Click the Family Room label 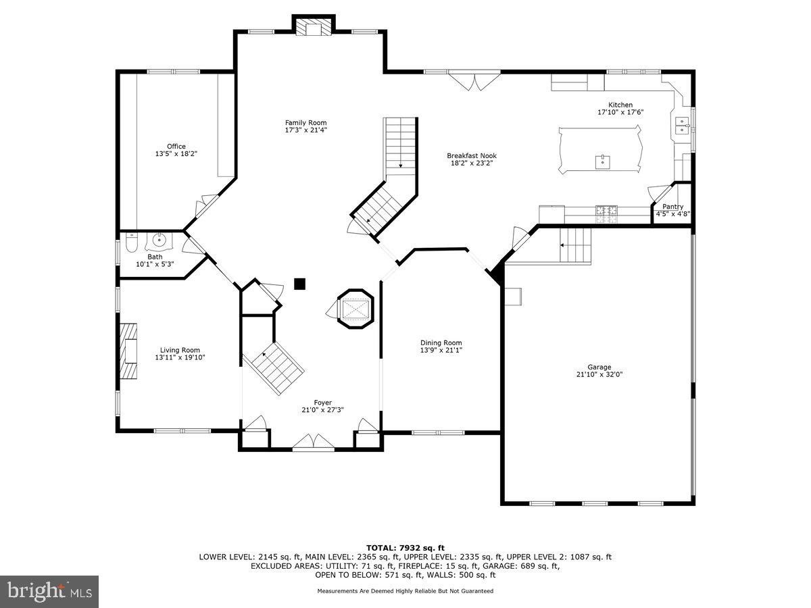(x=305, y=122)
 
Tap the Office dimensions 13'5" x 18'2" (x=176, y=154)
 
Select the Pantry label (x=672, y=207)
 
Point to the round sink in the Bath (x=160, y=239)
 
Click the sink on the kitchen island (x=600, y=161)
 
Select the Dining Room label (x=441, y=343)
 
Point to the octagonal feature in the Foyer (x=355, y=309)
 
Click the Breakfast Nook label (x=472, y=155)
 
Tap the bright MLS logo (x=49, y=591)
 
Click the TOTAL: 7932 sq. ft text (x=405, y=547)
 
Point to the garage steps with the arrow (x=575, y=245)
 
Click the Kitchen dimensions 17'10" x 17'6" (x=620, y=112)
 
